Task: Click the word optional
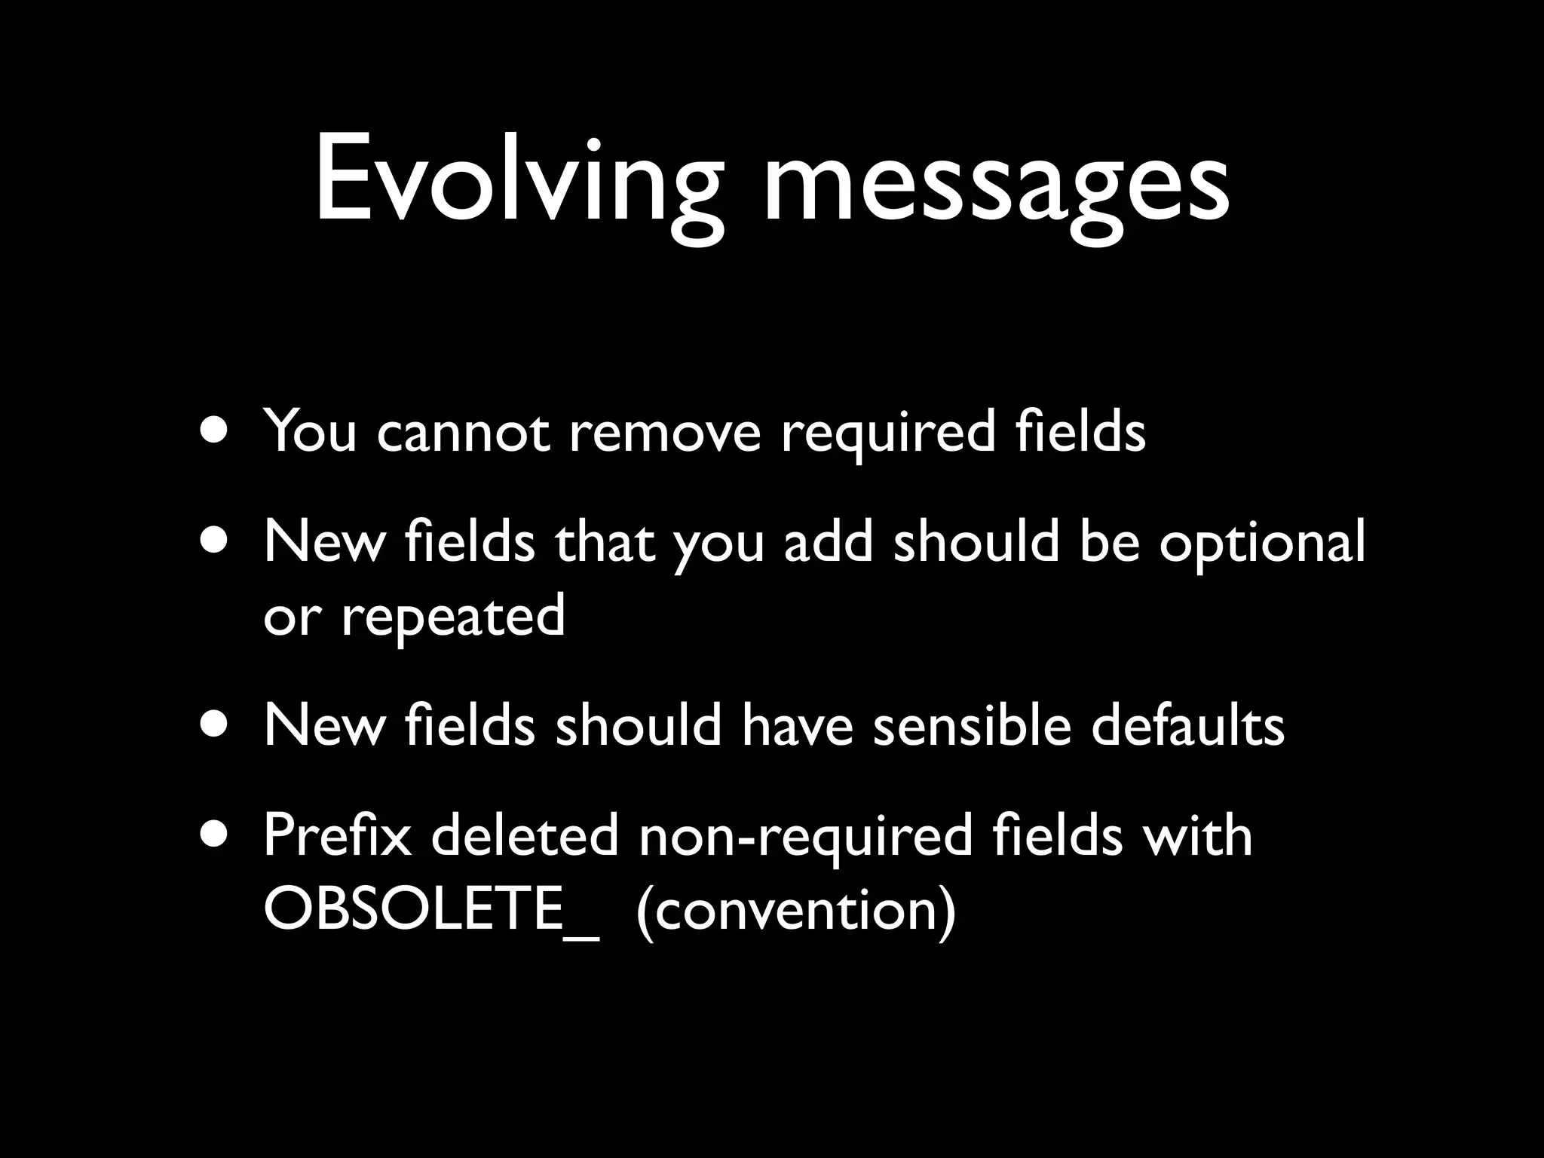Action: (x=1261, y=543)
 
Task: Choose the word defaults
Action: (x=1187, y=725)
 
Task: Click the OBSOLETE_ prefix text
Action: (x=431, y=909)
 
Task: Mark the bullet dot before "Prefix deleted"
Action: (x=216, y=835)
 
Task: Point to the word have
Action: (x=796, y=725)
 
